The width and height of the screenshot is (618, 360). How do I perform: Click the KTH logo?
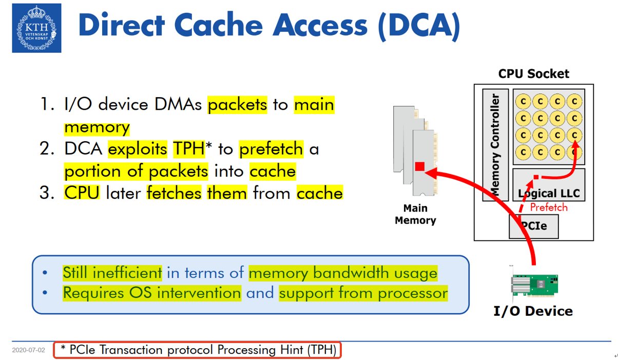point(36,28)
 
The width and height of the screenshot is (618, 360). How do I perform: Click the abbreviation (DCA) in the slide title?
point(418,26)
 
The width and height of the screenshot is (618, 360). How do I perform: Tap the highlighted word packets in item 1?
point(237,105)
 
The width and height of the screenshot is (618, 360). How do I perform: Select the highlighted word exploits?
point(138,149)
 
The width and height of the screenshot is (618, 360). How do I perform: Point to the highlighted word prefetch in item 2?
point(271,149)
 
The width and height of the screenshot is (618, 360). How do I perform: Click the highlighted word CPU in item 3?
point(82,193)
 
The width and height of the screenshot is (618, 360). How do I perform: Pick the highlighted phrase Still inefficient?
point(112,273)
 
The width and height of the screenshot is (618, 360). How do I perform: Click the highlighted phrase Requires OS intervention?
point(151,293)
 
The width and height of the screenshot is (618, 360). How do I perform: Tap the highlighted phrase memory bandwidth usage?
point(343,273)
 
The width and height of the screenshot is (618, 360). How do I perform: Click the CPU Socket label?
point(533,74)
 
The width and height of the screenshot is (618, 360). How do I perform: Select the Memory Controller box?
point(495,145)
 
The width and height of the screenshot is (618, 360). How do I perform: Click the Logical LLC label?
point(549,194)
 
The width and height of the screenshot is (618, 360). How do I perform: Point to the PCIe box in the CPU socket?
point(533,226)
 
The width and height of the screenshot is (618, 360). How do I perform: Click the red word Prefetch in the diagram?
point(549,207)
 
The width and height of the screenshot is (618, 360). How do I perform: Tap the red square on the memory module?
point(419,166)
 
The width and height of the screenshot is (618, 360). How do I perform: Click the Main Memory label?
point(415,214)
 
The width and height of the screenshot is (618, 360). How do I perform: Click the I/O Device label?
point(533,311)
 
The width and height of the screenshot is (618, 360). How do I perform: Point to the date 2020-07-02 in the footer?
point(28,350)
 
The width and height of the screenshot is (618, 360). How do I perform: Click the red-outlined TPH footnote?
point(197,350)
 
